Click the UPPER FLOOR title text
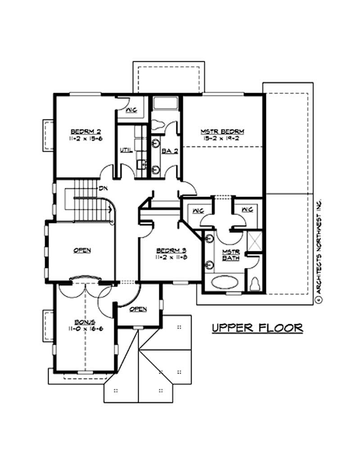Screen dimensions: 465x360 pyautogui.click(x=257, y=328)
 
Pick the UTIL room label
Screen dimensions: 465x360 pyautogui.click(x=126, y=150)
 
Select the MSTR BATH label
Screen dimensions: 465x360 pyautogui.click(x=230, y=255)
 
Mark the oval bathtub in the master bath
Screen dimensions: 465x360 pyautogui.click(x=224, y=283)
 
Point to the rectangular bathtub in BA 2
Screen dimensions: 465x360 pyautogui.click(x=165, y=103)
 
